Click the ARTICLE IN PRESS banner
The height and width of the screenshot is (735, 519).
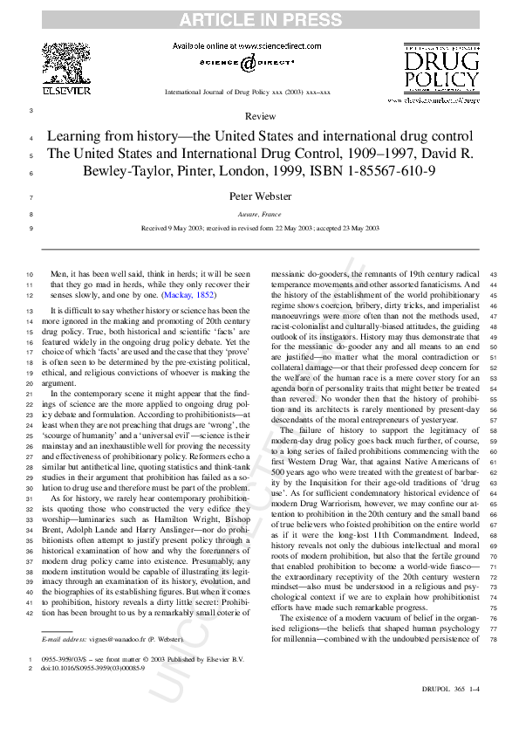click(260, 18)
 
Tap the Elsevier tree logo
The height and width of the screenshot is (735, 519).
click(66, 65)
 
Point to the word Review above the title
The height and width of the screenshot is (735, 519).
click(260, 116)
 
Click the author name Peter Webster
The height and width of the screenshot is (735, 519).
click(260, 196)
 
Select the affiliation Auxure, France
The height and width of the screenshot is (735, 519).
click(260, 214)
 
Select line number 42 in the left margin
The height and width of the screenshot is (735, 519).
click(31, 614)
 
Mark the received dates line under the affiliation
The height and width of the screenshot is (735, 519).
click(260, 228)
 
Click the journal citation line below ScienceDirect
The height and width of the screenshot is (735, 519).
click(248, 92)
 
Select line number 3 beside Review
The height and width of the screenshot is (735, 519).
click(31, 111)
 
